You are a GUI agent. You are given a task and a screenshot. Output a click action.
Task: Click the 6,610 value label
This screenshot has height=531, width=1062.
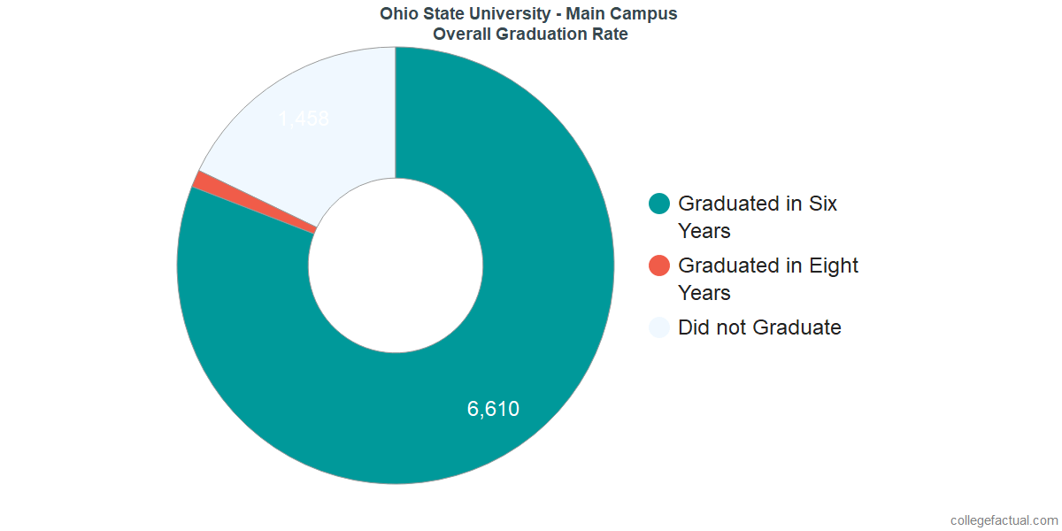click(x=493, y=409)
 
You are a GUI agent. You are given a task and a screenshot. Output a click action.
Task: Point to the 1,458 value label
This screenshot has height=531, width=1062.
click(x=304, y=119)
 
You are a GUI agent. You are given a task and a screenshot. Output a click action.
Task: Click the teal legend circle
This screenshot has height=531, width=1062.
click(x=659, y=204)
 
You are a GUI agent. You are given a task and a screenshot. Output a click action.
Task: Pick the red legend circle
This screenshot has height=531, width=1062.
click(x=659, y=265)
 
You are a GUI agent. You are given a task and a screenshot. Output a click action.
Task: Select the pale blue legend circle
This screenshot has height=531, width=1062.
click(x=659, y=327)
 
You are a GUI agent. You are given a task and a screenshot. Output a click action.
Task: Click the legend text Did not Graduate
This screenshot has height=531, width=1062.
click(x=759, y=327)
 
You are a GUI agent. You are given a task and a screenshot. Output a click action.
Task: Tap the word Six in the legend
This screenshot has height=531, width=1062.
click(x=823, y=204)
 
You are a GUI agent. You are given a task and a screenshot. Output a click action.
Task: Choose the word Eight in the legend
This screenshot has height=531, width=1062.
click(x=834, y=265)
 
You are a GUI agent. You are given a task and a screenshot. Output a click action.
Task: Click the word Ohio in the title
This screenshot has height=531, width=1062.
click(x=397, y=13)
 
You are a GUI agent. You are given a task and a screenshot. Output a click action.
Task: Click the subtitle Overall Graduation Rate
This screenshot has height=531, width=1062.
click(x=531, y=35)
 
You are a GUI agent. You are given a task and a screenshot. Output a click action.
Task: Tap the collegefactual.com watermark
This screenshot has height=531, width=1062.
click(x=1003, y=520)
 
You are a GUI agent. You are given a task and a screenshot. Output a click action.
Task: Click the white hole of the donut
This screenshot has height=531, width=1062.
click(x=396, y=265)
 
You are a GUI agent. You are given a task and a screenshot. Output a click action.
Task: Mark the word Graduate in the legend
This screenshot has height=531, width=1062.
click(x=798, y=327)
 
